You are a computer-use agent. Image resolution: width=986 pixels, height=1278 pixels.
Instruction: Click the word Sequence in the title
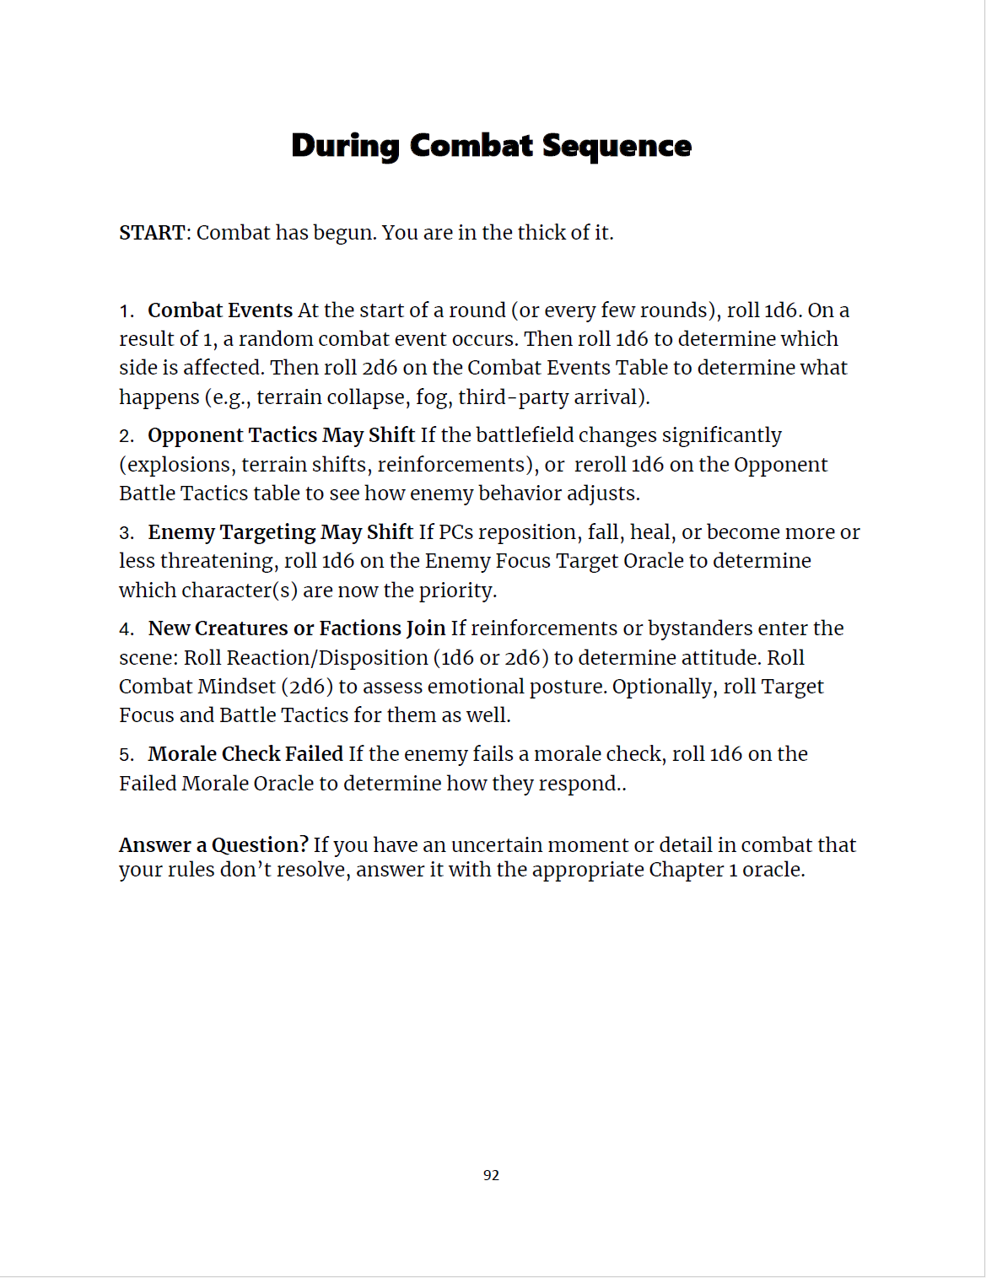[617, 146]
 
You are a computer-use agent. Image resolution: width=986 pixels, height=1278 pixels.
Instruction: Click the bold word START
[152, 233]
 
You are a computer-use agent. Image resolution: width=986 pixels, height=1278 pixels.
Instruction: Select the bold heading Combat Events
[220, 310]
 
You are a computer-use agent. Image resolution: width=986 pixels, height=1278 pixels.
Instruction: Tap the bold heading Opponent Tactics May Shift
[281, 435]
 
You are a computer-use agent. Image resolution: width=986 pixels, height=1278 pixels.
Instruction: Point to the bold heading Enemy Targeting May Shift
[280, 532]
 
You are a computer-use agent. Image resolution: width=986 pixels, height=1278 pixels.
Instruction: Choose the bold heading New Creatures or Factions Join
[296, 628]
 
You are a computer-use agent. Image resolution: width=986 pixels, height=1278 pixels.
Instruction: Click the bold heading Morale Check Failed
[245, 754]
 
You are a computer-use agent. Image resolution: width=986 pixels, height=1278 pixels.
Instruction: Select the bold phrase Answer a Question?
[213, 845]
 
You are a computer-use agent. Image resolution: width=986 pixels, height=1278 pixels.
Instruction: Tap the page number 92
[491, 1175]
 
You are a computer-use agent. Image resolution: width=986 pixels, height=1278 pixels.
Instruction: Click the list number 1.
[126, 311]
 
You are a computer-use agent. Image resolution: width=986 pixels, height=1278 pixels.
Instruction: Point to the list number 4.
[126, 629]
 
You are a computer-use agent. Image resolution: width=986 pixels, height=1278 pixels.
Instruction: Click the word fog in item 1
[432, 397]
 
